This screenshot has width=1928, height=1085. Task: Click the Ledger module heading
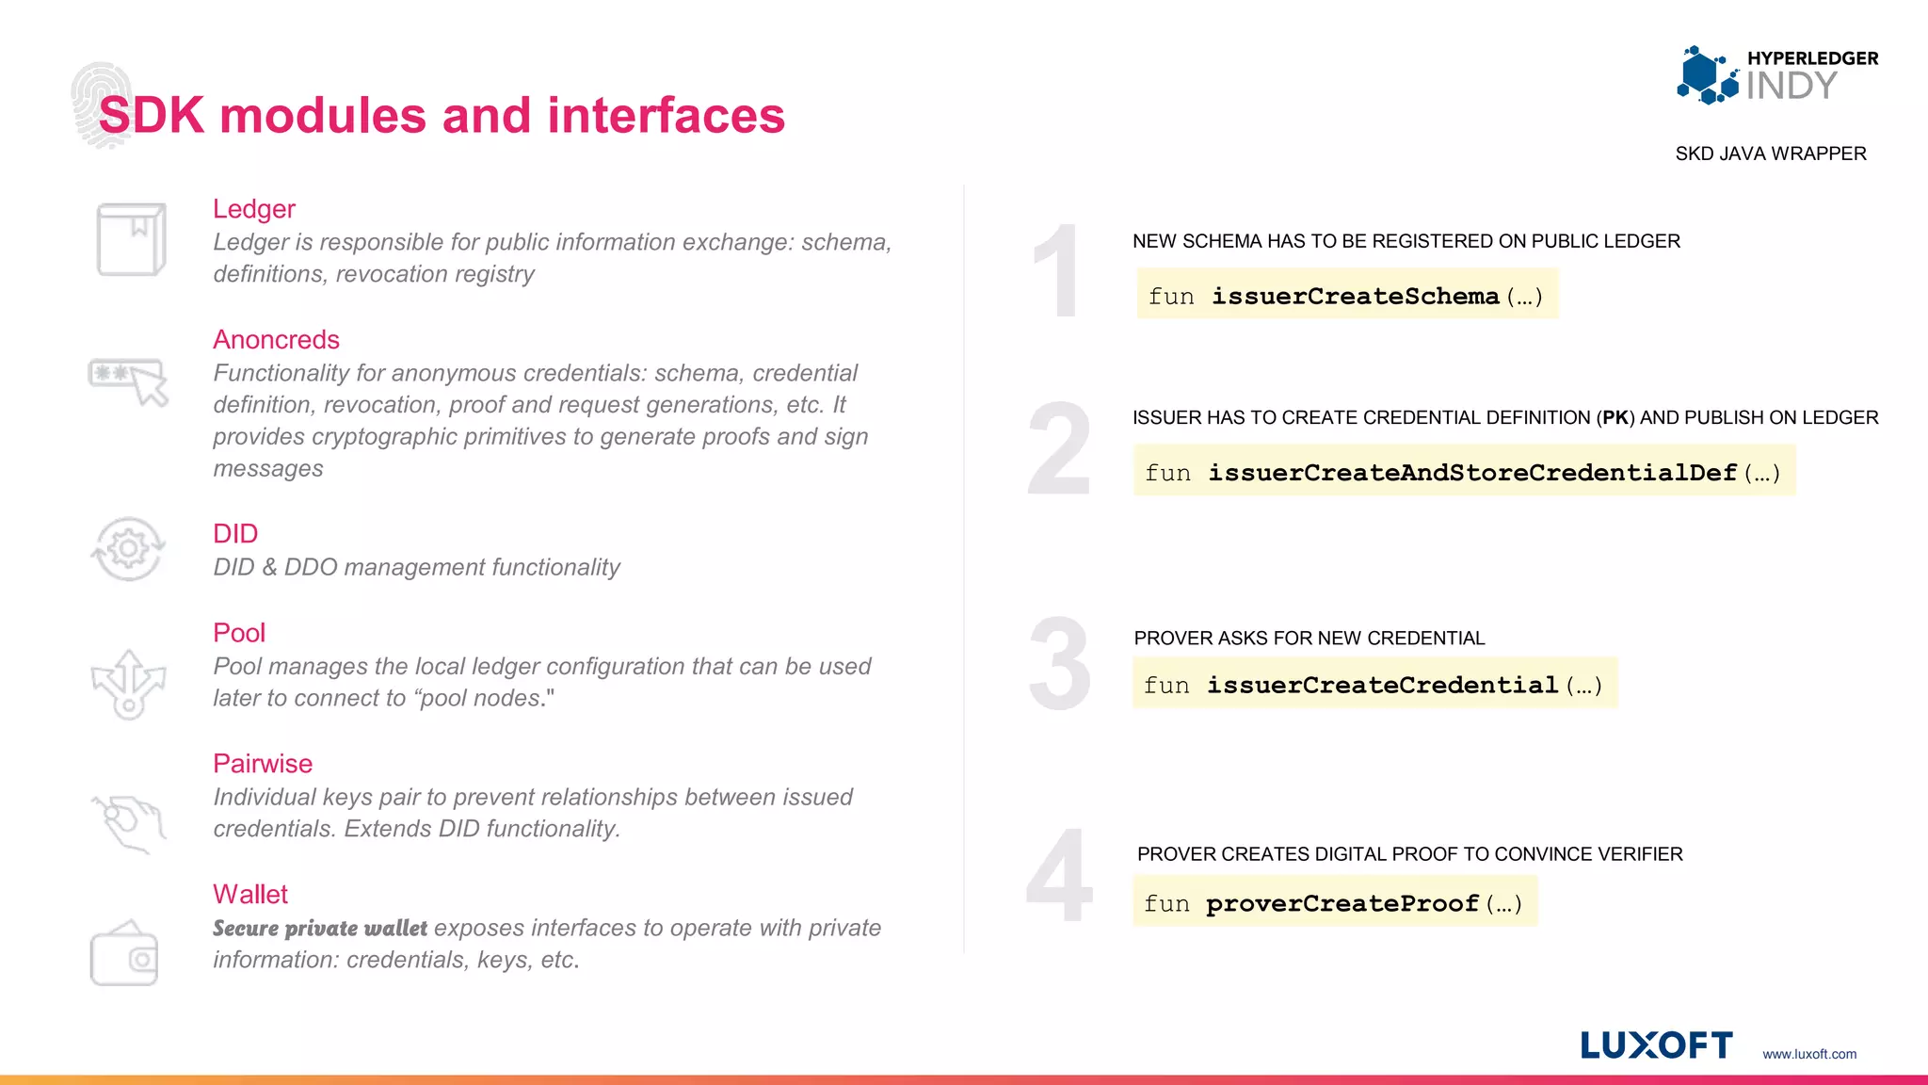(x=253, y=209)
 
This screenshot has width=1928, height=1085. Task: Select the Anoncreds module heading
(x=276, y=340)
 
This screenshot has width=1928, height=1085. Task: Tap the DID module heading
(x=235, y=534)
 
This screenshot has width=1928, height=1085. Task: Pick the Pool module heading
(x=239, y=633)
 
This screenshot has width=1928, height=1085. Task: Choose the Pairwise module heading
(x=263, y=764)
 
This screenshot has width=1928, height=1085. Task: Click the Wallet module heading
(x=250, y=895)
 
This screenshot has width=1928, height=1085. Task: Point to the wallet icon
(x=124, y=954)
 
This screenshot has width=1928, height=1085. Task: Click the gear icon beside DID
(x=128, y=549)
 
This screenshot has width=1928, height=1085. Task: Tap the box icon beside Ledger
(x=131, y=239)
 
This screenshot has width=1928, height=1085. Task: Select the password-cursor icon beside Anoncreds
(x=128, y=381)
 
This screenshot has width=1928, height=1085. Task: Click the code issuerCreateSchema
(x=1355, y=297)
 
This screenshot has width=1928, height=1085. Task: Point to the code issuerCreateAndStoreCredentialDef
(x=1472, y=473)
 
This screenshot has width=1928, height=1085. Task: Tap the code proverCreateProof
(x=1342, y=904)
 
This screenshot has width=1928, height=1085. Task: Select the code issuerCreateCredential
(x=1382, y=686)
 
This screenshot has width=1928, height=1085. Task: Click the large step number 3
(x=1059, y=665)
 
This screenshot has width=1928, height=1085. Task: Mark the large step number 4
(x=1059, y=876)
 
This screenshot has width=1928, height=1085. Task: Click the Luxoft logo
(x=1656, y=1045)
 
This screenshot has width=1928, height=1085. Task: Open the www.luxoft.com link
(x=1809, y=1054)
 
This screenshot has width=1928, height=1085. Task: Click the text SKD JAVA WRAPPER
(x=1770, y=154)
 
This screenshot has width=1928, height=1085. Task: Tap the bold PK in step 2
(x=1615, y=418)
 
